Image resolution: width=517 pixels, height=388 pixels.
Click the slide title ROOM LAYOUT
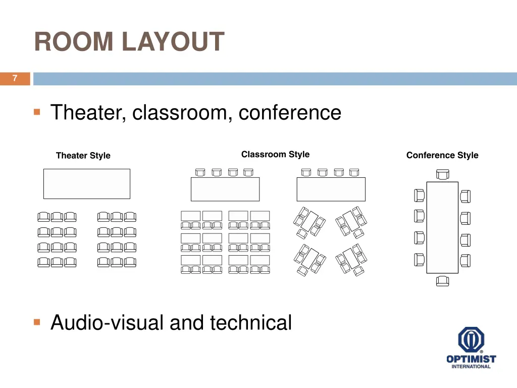click(x=129, y=42)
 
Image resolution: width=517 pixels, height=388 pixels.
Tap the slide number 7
click(x=15, y=78)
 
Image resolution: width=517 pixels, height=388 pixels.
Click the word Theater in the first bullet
click(x=86, y=112)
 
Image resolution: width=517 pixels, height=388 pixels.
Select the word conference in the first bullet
click(x=290, y=112)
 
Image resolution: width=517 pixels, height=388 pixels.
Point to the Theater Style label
click(x=83, y=156)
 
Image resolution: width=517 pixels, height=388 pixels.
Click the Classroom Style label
click(x=275, y=155)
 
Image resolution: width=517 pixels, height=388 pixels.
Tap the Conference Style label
click(x=442, y=156)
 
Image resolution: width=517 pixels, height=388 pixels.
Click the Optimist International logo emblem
click(x=471, y=340)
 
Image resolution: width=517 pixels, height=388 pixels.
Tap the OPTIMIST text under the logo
click(x=471, y=359)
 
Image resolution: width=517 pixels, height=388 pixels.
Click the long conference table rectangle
click(x=442, y=227)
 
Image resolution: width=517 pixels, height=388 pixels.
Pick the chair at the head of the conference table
click(x=442, y=174)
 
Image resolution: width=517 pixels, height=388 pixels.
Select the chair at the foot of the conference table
click(x=442, y=281)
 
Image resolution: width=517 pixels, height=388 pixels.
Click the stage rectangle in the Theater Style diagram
click(x=86, y=184)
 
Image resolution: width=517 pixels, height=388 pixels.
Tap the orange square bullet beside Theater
click(x=37, y=112)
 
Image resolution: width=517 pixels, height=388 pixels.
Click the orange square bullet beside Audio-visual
click(x=37, y=322)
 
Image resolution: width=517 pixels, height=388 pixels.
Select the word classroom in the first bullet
click(x=181, y=112)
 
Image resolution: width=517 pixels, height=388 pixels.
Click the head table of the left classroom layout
click(x=225, y=189)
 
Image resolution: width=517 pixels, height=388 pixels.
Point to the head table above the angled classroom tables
click(x=331, y=189)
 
